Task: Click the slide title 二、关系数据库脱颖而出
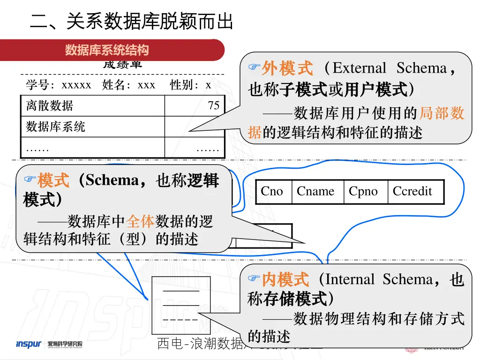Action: coord(131,22)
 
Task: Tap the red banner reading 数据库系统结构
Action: coord(107,50)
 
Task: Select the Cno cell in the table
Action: coord(272,191)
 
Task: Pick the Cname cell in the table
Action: coord(315,191)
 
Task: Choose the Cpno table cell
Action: coord(363,191)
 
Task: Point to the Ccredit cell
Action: coord(412,191)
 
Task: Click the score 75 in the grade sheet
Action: coord(214,105)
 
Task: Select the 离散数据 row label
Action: coord(50,105)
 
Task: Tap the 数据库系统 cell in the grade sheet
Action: coord(56,127)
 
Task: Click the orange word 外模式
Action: coord(287,68)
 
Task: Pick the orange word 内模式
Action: coord(285,280)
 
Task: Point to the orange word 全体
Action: coord(141,221)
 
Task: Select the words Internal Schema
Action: coord(379,280)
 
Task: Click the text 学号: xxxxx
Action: coord(59,85)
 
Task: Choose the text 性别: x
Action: coord(190,85)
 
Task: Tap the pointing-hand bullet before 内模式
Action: coord(254,279)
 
